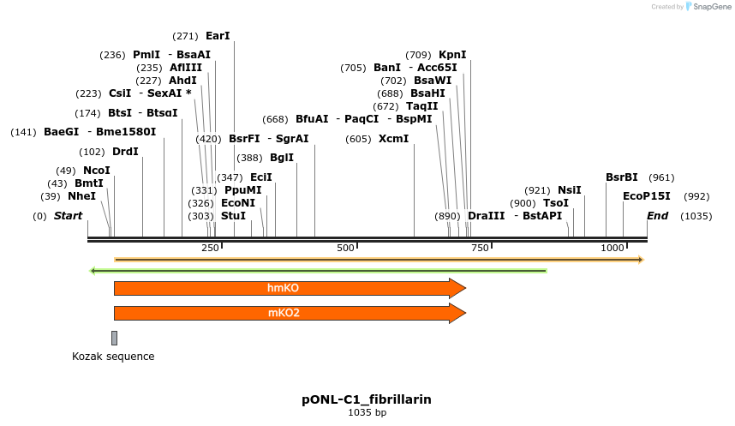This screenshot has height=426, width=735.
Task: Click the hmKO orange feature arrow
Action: [x=290, y=288]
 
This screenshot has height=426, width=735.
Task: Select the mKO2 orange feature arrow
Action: [x=290, y=313]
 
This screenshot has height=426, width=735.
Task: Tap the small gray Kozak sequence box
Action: [x=115, y=338]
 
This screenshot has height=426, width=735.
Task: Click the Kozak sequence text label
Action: [x=113, y=357]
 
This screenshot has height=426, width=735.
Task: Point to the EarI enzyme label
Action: [x=218, y=36]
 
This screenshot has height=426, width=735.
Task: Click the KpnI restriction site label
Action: [x=452, y=55]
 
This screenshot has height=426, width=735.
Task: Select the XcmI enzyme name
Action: [x=394, y=139]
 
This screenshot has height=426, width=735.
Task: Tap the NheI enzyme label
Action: [x=82, y=196]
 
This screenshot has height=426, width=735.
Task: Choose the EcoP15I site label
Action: [x=647, y=196]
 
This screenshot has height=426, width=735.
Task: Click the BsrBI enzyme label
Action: [x=622, y=177]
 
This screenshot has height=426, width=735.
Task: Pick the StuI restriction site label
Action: [x=234, y=216]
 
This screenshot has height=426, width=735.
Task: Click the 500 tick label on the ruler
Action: [x=345, y=248]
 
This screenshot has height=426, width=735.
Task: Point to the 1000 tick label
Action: [x=612, y=248]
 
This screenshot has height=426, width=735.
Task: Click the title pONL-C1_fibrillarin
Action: [x=367, y=399]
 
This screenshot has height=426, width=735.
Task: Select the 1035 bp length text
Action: [x=367, y=412]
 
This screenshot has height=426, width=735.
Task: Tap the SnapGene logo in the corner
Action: [x=708, y=7]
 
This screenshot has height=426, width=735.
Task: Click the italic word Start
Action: [x=68, y=216]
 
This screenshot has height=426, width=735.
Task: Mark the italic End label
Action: [x=658, y=216]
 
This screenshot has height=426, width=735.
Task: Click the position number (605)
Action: [x=358, y=140]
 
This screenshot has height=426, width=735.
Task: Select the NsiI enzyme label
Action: [x=570, y=190]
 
